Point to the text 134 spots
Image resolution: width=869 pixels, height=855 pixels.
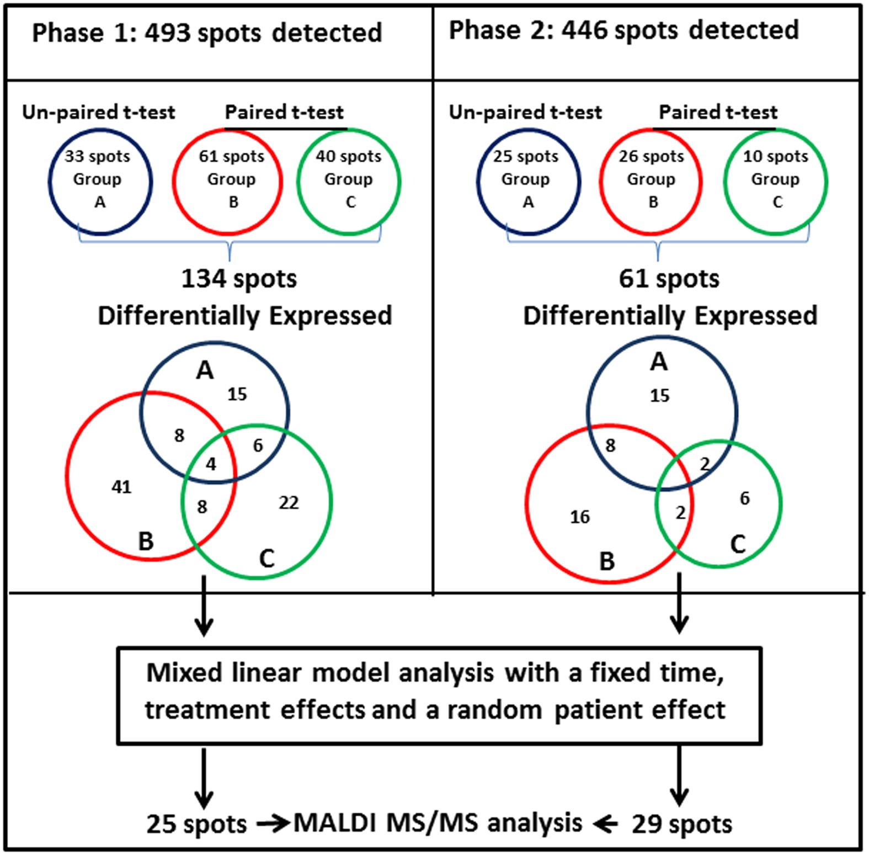point(238,279)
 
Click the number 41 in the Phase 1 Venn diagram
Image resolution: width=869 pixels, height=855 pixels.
point(121,487)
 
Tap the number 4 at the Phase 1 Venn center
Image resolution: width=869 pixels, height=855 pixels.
point(211,464)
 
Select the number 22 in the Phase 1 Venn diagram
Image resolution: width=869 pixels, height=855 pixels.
point(289,502)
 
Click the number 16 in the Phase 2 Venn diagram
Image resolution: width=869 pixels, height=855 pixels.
point(579,517)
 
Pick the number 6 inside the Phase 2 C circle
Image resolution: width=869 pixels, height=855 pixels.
point(744,498)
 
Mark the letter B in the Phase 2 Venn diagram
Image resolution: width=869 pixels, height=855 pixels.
point(607,561)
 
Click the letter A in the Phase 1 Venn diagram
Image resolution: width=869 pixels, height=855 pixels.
point(205,370)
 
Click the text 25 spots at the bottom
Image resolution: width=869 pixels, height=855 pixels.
point(196,824)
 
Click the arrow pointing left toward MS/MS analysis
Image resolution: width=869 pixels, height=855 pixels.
point(605,824)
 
